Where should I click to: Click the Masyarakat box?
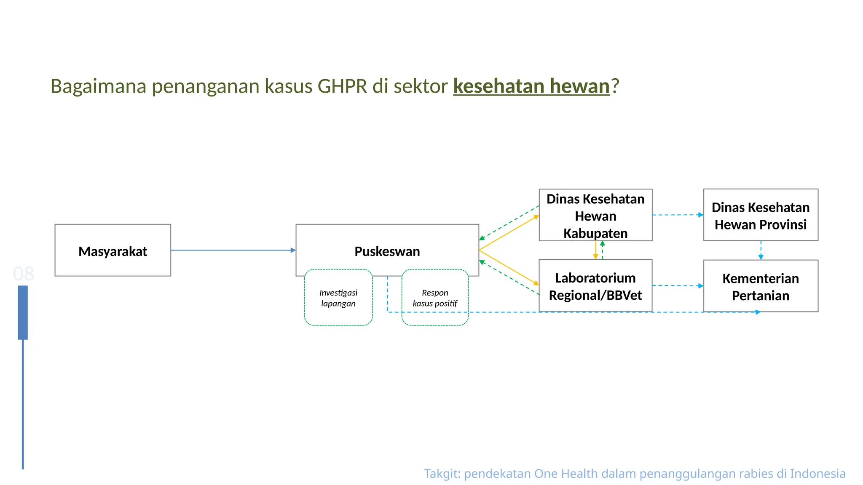113,251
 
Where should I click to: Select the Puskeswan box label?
387,251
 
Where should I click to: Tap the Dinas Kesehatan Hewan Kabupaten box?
595,216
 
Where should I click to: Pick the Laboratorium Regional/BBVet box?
595,286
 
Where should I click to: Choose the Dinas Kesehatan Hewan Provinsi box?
760,216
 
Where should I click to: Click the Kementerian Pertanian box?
760,287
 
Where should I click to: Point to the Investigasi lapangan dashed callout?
338,298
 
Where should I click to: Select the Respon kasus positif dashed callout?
435,298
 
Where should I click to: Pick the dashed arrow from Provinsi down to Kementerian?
761,250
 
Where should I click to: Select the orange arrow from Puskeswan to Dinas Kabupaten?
509,233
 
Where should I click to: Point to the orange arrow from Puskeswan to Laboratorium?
509,268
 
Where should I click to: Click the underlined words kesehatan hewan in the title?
531,86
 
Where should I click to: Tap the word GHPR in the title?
342,86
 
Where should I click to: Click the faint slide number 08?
23,274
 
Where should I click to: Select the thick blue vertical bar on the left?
23,312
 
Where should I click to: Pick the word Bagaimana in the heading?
98,86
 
